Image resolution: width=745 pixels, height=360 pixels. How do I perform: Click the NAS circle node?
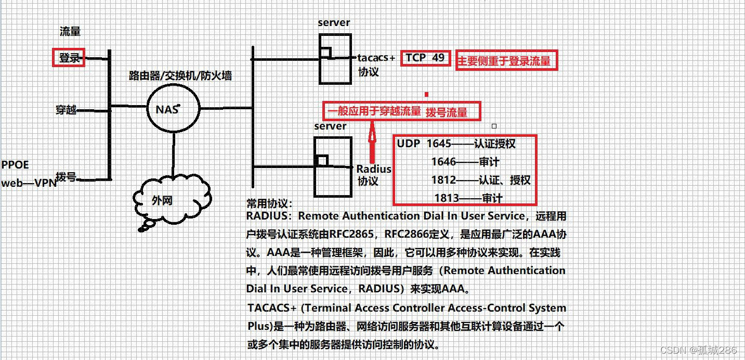(173, 109)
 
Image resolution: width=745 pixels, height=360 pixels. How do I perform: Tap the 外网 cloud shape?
(172, 200)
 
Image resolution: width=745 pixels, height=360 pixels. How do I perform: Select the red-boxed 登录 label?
(69, 58)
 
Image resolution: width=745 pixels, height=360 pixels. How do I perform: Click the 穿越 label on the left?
(66, 110)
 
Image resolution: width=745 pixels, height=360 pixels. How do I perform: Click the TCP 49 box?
(425, 58)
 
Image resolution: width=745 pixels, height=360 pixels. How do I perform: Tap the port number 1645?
(439, 144)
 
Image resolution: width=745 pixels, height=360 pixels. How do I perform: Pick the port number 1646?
(443, 162)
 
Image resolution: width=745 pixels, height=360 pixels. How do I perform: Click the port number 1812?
(443, 180)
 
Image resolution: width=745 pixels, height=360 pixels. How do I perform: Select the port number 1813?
(447, 198)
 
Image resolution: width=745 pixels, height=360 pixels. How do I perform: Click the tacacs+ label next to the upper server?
(376, 58)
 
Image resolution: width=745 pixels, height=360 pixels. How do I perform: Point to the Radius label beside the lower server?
(374, 169)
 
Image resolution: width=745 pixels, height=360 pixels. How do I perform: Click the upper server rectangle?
(334, 58)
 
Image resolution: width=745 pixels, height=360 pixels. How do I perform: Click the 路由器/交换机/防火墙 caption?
(180, 76)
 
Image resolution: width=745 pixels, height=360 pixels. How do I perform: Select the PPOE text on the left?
(15, 165)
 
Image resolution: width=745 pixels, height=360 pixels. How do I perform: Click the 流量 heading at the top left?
(70, 31)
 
